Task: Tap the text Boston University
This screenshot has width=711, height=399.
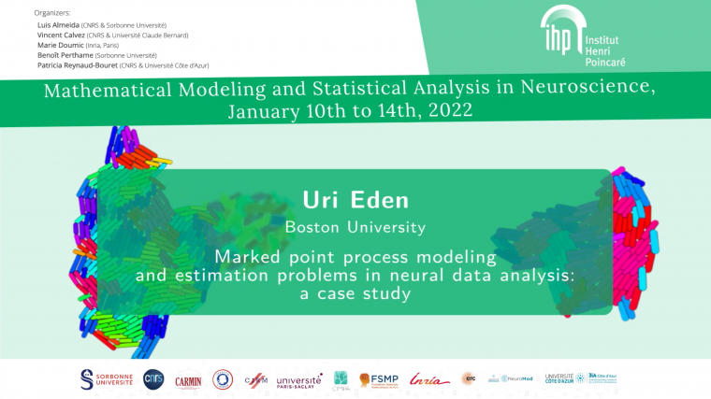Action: pos(355,226)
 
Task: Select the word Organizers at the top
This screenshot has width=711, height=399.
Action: pos(51,13)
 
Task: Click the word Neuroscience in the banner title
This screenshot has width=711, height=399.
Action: pos(579,89)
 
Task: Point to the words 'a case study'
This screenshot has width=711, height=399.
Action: pos(355,293)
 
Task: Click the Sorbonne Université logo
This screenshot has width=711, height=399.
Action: pos(108,378)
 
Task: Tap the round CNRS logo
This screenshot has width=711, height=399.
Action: pos(152,378)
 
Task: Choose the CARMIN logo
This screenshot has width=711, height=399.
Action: pos(188,379)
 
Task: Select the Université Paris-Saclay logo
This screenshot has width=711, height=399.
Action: pos(299,379)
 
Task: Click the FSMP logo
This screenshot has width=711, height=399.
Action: pos(378,379)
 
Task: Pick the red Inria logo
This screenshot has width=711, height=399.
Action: pos(429,378)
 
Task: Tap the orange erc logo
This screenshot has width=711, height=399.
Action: pos(468,378)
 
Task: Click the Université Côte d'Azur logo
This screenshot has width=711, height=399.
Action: pos(559,378)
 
